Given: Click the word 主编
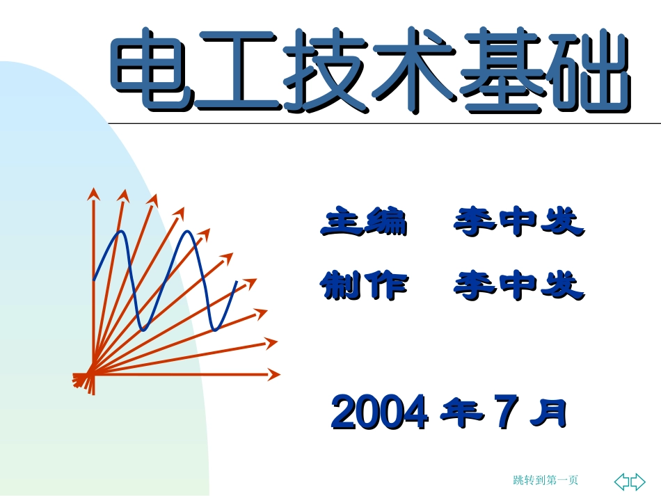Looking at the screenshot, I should (x=363, y=222).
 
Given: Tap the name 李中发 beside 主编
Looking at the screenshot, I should (x=518, y=222).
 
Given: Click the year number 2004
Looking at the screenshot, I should (x=379, y=413).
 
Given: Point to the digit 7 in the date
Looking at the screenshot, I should (x=505, y=413).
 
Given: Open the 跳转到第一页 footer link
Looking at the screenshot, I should (x=545, y=480).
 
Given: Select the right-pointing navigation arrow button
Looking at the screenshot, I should (x=638, y=481).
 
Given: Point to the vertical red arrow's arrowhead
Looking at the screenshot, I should (x=91, y=193).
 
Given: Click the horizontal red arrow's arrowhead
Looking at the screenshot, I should (x=274, y=374).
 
